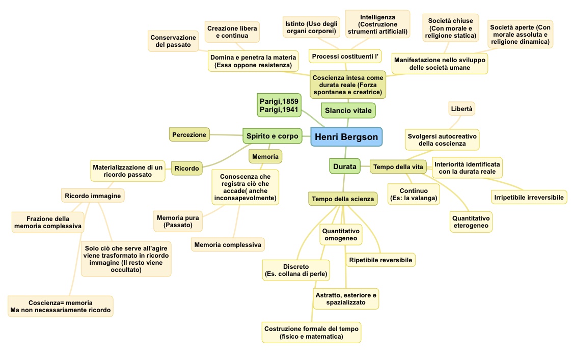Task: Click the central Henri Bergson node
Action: tap(346, 137)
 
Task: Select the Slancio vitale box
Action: tap(348, 110)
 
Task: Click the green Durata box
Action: tap(344, 166)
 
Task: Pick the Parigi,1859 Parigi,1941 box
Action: tap(278, 105)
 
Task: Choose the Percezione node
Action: tap(189, 134)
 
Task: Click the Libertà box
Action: tap(461, 108)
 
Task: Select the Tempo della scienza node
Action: tap(343, 199)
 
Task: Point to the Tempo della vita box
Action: tap(398, 167)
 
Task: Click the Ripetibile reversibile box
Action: tap(380, 260)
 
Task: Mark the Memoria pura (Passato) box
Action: tap(178, 221)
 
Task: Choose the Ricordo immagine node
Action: tap(92, 195)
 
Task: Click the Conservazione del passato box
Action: tap(173, 41)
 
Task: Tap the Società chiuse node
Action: tap(450, 27)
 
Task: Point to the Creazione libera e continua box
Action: tap(232, 32)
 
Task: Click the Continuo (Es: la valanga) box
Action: tap(413, 194)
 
